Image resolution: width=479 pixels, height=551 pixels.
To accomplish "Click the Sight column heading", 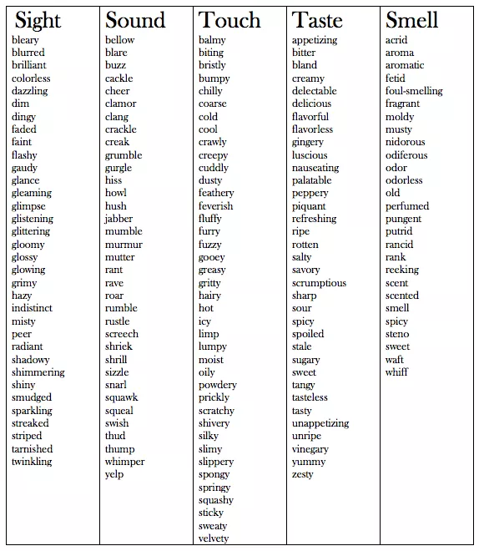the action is coord(38,20).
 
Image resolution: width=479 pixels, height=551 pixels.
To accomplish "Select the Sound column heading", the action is coord(135,20).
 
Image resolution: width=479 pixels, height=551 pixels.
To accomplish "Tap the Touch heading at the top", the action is coord(230,20).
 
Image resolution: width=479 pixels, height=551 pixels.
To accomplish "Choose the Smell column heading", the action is coord(412,20).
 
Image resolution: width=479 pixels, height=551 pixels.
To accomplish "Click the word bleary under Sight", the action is coord(25,40).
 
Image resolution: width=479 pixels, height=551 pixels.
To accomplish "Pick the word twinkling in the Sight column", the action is coord(32,462).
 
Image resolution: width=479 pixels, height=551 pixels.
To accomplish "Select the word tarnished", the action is coord(32,449).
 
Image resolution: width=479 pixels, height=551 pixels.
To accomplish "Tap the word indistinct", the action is coord(32,308).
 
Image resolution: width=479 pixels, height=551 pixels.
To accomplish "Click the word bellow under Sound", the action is coord(120,40).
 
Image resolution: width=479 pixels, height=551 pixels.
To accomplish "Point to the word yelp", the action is coord(114,474).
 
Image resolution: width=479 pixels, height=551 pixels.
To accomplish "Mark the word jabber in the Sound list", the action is coord(118,219).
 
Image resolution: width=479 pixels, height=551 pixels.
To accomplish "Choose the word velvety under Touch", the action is coord(214,538).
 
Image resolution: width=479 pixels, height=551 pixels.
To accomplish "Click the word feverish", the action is coord(215,206).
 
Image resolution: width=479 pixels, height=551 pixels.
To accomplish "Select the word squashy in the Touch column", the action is coord(216,500).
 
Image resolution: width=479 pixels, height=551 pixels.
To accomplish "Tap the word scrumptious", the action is coord(319,283).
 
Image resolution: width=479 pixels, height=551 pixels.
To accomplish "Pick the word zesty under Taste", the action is coord(303,474).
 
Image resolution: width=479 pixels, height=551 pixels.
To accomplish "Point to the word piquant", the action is coord(309,206).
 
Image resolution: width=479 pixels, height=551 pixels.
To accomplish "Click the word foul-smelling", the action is coord(414,91).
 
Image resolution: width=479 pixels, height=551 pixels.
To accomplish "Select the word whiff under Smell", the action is coord(396,372).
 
